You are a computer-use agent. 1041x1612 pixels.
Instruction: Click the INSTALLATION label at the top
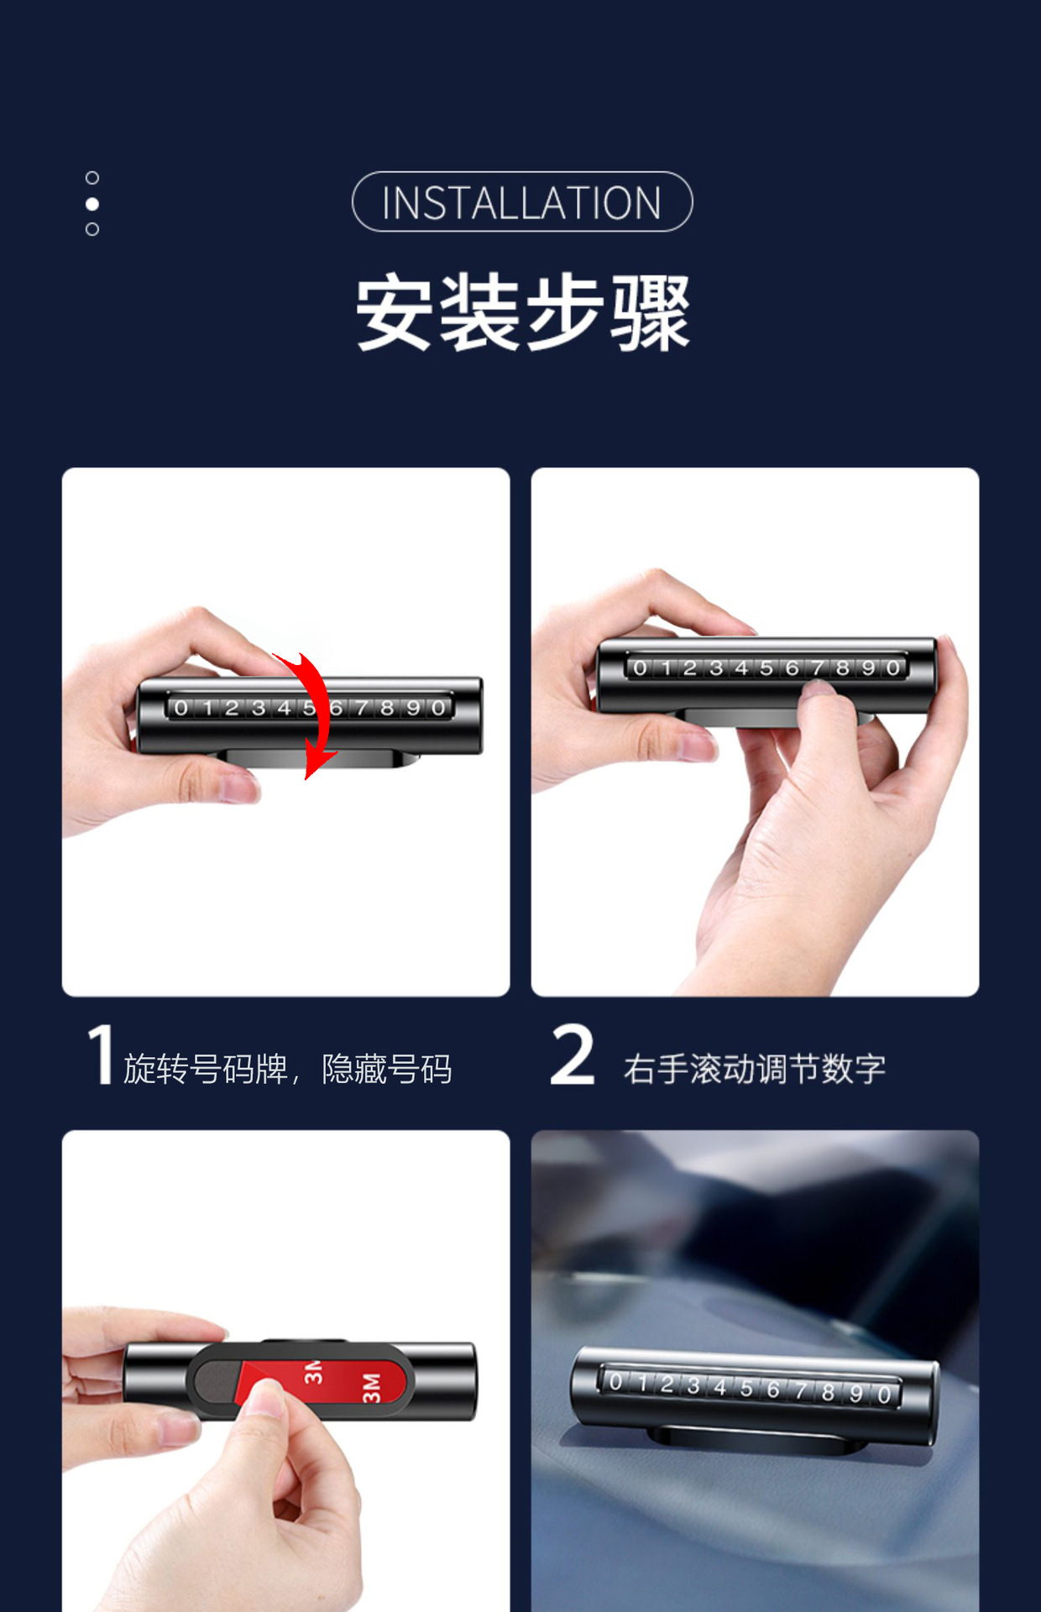tap(521, 202)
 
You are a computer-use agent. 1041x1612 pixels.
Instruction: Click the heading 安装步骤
tap(522, 311)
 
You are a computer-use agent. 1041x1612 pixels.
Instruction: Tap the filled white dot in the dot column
tap(92, 204)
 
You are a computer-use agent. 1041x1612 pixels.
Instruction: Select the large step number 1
tap(102, 1054)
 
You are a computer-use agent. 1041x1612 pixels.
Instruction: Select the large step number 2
tap(573, 1054)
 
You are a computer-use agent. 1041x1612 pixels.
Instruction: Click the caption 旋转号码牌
tap(206, 1069)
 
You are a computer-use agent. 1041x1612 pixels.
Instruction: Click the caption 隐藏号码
tap(387, 1069)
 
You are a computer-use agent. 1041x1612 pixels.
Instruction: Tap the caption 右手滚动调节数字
tap(754, 1069)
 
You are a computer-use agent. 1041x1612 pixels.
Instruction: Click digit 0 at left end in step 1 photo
tap(181, 708)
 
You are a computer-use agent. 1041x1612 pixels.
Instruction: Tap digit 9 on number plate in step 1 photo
tap(413, 708)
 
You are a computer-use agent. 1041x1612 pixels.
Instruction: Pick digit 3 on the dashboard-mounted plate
tap(693, 1385)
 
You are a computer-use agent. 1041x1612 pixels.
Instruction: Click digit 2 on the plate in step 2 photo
tap(690, 668)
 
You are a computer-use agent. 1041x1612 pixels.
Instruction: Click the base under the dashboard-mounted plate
tap(756, 1437)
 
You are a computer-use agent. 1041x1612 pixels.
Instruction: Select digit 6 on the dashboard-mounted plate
tap(773, 1390)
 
